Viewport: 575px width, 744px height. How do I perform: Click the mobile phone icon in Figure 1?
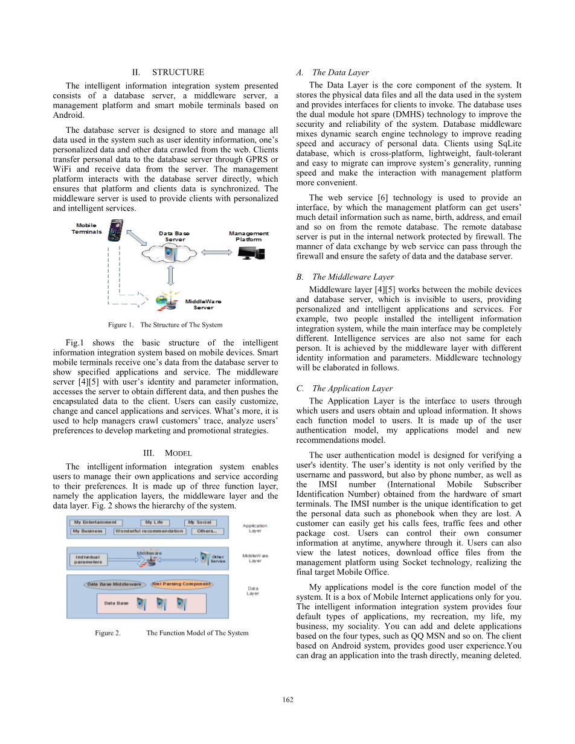click(x=115, y=230)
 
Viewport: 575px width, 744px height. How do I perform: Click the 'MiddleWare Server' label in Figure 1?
click(x=203, y=304)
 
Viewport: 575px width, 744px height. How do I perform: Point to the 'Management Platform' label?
click(x=249, y=236)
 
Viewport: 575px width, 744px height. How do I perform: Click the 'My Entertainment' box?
click(x=97, y=522)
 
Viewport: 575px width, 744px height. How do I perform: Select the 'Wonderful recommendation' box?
click(x=150, y=531)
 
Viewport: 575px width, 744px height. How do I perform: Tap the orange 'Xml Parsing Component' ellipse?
click(x=182, y=584)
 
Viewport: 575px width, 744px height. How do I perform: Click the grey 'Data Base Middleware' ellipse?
click(x=115, y=584)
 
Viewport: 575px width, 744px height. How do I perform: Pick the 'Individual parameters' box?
click(x=88, y=559)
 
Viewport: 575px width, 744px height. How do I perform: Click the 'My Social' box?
click(x=199, y=522)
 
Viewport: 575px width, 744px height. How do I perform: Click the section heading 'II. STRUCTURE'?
click(x=168, y=72)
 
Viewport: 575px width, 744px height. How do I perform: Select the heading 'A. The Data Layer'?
click(x=332, y=72)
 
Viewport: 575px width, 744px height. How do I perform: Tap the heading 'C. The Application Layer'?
click(x=344, y=388)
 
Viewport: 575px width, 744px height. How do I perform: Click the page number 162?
click(x=287, y=699)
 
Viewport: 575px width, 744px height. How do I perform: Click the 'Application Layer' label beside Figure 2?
click(x=255, y=528)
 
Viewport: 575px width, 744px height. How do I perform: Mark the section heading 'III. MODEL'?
click(x=167, y=453)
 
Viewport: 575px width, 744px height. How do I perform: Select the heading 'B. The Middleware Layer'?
click(x=345, y=277)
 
